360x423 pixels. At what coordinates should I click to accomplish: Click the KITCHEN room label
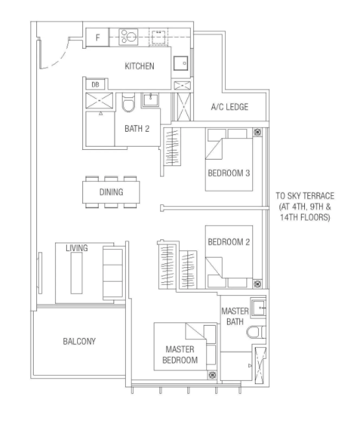pos(139,66)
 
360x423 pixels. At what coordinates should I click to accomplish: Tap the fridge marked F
pos(97,37)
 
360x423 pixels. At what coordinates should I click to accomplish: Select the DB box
pos(95,85)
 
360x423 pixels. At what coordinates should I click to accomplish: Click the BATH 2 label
pos(137,128)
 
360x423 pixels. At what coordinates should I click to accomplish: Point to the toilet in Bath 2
pos(128,103)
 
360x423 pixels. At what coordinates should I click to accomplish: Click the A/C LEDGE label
pos(230,107)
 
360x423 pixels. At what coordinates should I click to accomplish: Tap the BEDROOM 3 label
pos(229,173)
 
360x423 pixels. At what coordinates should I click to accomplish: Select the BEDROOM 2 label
pos(229,242)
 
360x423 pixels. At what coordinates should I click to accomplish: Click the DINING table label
pos(111,192)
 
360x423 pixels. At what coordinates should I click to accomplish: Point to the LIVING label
pos(77,248)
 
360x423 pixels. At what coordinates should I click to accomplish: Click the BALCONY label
pos(79,341)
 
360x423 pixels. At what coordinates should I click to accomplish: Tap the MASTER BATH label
pos(235,317)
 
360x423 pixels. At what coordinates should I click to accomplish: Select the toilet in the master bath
pos(256,332)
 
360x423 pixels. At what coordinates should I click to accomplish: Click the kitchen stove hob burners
pos(128,37)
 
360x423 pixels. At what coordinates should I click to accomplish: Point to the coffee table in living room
pos(77,273)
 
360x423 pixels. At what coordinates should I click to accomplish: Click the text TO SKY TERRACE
pos(305,196)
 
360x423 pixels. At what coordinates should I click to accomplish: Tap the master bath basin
pos(258,307)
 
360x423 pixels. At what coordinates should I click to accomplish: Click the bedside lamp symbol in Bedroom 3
pos(258,132)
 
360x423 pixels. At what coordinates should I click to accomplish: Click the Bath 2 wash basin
pos(150,100)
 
